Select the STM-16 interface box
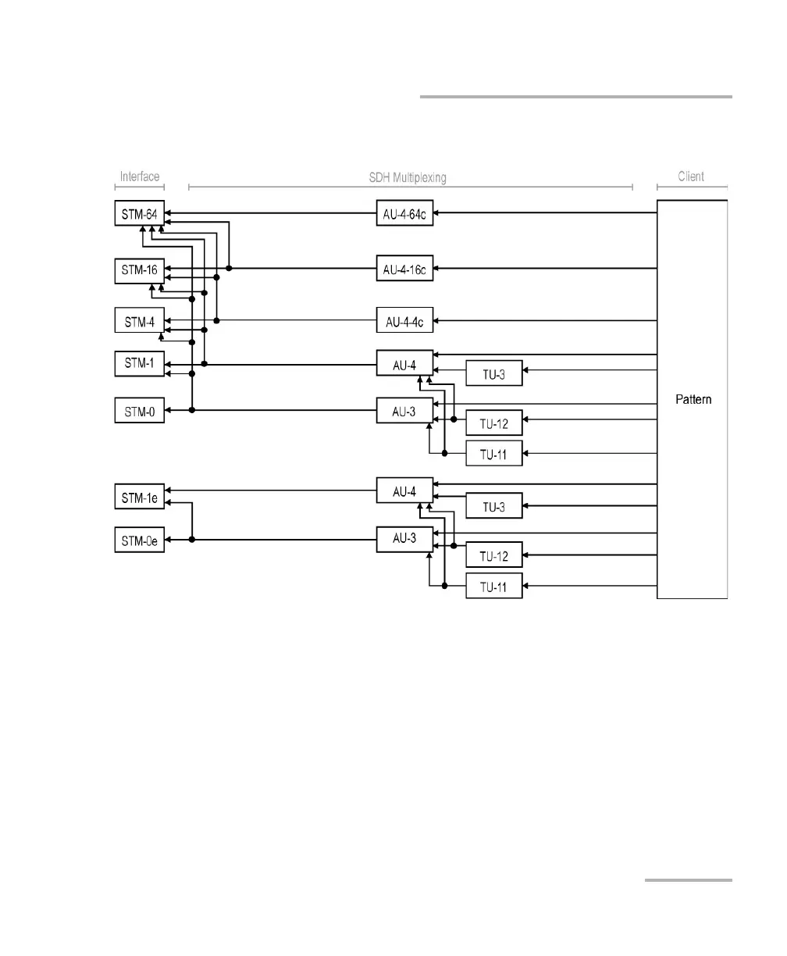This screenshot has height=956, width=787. point(140,270)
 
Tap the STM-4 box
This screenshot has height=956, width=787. point(140,321)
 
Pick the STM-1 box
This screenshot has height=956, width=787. point(140,364)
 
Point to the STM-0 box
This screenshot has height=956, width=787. point(140,410)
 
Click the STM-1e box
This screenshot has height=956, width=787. point(140,497)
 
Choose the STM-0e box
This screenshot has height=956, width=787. point(140,540)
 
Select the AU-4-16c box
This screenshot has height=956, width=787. point(404,269)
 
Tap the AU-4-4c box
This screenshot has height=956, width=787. point(404,320)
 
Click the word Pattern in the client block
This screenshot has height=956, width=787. point(693,400)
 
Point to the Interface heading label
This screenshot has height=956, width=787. point(140,177)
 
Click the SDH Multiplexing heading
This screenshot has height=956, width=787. point(408,177)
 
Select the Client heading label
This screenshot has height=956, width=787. point(691,177)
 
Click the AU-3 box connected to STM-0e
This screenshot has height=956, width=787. point(404,540)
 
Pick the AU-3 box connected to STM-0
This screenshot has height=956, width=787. point(404,410)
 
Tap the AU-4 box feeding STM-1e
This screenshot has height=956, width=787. point(404,490)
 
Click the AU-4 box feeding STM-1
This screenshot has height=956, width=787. point(404,362)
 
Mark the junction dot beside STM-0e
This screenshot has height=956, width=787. point(191,540)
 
